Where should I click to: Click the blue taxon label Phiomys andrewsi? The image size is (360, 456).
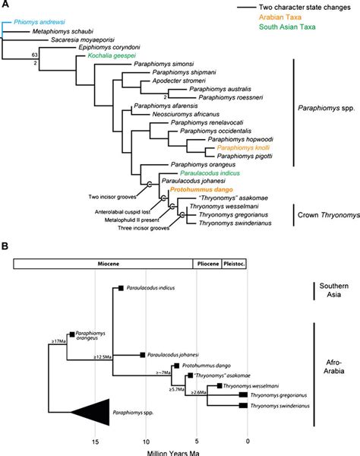point(33,24)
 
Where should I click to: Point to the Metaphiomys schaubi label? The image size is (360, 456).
point(55,32)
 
